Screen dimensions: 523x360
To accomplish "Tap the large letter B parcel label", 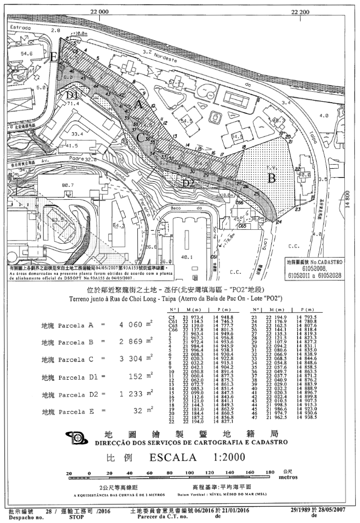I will point(272,178).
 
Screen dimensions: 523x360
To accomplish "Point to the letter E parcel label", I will point(54,57).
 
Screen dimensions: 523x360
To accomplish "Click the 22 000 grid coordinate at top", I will point(100,12).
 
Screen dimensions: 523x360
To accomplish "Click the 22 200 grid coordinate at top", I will point(299,12).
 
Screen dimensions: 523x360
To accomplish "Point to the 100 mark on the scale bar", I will point(190,473).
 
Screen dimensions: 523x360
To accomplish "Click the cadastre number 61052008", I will point(314,268).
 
